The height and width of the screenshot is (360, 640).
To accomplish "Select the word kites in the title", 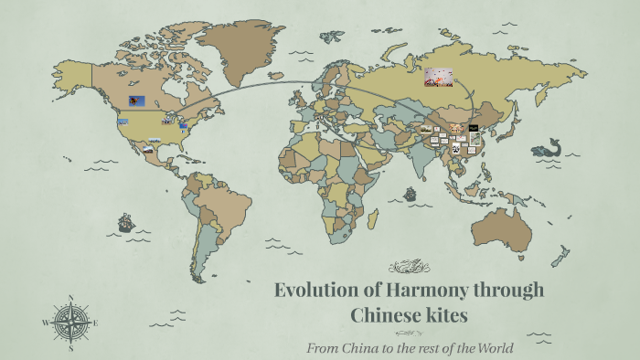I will click(447, 316).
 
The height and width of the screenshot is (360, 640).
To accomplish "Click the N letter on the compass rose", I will click(70, 298).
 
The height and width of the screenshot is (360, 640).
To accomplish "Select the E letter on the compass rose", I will click(95, 323).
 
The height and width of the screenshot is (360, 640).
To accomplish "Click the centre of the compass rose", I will click(70, 323).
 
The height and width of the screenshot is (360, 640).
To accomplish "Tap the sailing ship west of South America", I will click(125, 222).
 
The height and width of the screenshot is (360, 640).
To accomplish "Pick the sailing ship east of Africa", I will click(410, 194).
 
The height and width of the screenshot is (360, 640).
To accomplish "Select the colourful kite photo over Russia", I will click(438, 77).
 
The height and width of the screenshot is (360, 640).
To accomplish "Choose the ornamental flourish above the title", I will click(409, 268).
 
